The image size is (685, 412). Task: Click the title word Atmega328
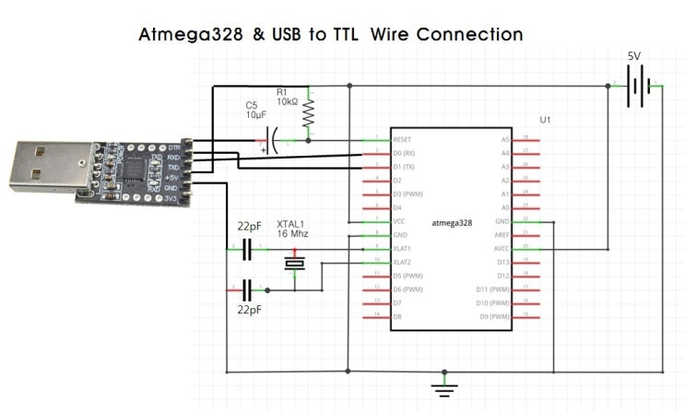[x=190, y=35]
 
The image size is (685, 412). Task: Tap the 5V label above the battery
[x=634, y=56]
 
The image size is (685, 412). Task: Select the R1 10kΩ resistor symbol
[x=309, y=113]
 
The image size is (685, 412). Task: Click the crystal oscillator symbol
[x=294, y=264]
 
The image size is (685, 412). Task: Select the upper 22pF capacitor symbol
[x=247, y=248]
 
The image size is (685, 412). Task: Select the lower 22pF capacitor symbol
[x=247, y=288]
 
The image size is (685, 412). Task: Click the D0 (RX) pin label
[x=406, y=152]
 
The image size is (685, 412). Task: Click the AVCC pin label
[x=500, y=248]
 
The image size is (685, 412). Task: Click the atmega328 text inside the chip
[x=452, y=222]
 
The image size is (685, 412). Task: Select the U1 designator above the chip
[x=545, y=119]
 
